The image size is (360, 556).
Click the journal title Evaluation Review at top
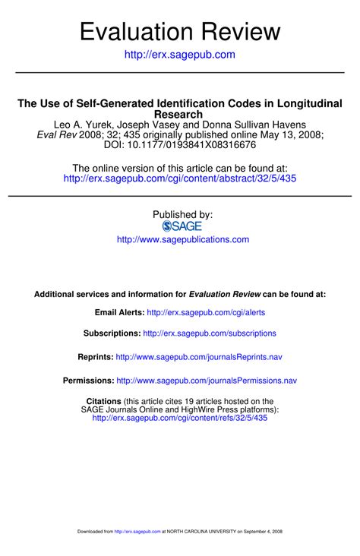click(180, 31)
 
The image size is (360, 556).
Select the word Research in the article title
click(180, 114)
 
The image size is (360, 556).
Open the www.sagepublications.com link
click(182, 239)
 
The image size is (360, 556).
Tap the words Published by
click(182, 215)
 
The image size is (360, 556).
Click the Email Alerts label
click(118, 312)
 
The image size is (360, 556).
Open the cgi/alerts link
click(206, 312)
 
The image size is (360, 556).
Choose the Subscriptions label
click(112, 333)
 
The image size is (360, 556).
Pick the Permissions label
click(88, 381)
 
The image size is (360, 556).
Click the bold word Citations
click(104, 401)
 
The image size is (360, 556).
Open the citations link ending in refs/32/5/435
click(180, 418)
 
